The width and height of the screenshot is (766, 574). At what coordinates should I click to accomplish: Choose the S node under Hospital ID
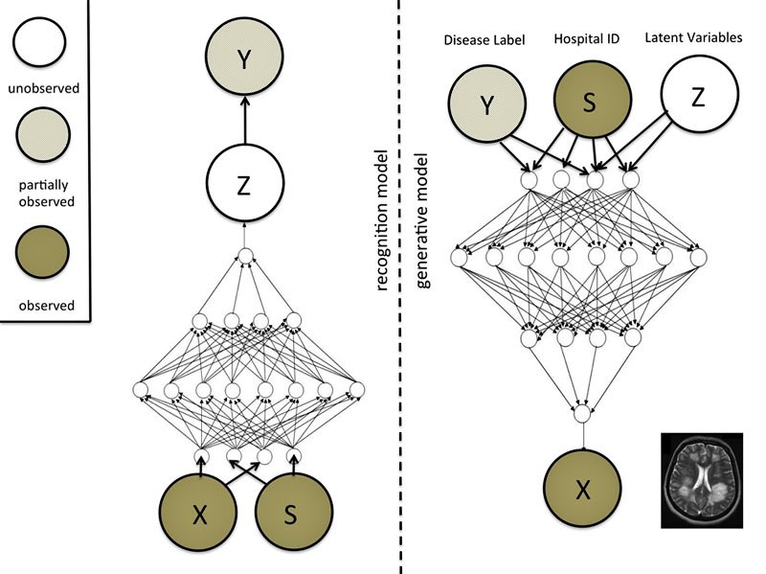coord(590,103)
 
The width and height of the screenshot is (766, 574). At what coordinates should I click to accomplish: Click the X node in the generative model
coord(582,491)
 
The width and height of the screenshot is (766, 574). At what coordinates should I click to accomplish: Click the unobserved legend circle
coord(39,44)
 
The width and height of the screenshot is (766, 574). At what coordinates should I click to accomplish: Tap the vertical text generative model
coord(422,220)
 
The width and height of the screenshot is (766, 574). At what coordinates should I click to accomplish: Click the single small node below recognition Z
coord(245,256)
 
